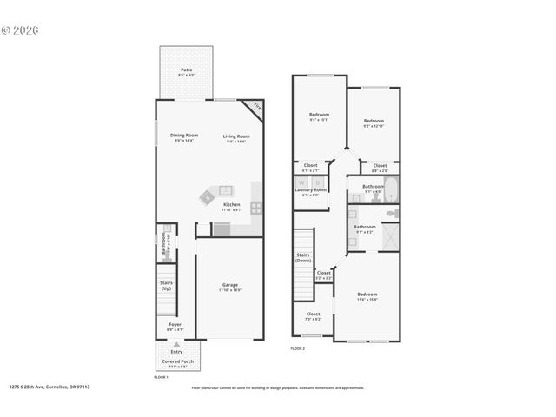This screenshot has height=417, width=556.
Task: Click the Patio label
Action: point(186,69)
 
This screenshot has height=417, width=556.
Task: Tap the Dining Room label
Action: point(184,135)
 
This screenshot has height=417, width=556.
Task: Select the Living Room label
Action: point(236,136)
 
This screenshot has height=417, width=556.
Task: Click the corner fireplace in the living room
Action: point(256,108)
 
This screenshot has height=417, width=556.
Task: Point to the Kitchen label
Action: point(231,204)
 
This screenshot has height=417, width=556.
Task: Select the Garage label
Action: point(230,284)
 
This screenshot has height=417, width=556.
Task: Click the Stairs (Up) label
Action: point(165,284)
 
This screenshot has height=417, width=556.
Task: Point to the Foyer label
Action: point(175,325)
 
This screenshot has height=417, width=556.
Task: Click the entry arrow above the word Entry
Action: point(176,344)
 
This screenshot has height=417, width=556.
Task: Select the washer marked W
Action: point(301,182)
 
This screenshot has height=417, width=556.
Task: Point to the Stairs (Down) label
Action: point(303,257)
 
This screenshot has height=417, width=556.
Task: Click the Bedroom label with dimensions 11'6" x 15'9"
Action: point(367,295)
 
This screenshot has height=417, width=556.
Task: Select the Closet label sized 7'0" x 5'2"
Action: point(313,314)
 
